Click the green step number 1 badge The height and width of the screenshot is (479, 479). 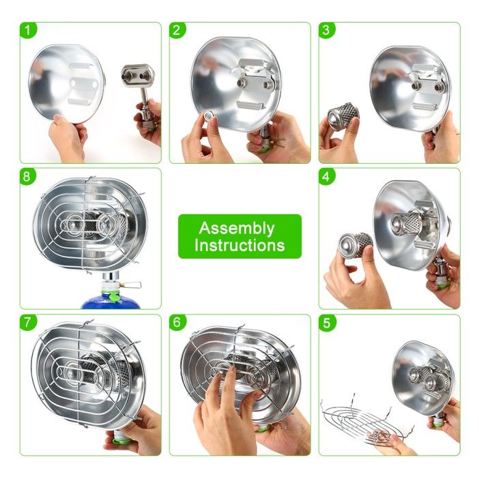28,30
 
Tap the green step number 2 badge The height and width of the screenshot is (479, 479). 177,30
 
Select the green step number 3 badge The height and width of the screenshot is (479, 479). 327,30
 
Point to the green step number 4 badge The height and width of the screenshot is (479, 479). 327,177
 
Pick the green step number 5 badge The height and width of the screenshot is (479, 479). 327,323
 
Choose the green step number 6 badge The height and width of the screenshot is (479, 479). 177,323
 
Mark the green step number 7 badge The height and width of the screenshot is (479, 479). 28,323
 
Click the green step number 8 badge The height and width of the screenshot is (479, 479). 28,177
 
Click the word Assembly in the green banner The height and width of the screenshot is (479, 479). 237,229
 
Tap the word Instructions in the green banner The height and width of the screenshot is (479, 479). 239,246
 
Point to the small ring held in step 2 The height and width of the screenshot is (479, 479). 209,116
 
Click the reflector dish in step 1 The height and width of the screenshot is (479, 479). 67,84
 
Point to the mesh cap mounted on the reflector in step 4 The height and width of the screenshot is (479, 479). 406,224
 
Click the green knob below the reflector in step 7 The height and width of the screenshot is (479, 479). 120,440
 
